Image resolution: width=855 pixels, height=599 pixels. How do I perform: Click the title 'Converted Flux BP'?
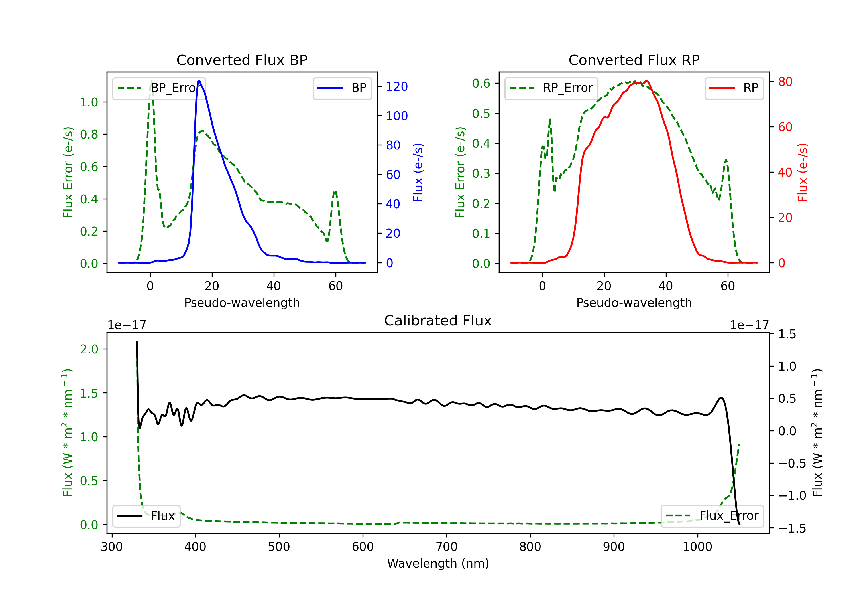pos(242,60)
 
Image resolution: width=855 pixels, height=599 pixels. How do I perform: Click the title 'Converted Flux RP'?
pos(634,60)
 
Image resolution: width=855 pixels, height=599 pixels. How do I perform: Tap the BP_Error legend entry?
pos(159,88)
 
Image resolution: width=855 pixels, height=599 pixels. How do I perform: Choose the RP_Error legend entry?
pos(551,88)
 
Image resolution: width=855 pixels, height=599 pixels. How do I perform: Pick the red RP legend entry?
pos(734,88)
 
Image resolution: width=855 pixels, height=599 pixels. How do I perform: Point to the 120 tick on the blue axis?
pos(397,86)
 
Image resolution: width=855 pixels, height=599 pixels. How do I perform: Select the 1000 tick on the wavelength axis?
pos(697,547)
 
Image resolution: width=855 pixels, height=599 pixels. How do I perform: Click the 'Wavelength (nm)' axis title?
pos(438,563)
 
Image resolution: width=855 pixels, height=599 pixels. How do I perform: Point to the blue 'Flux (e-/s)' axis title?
pos(418,172)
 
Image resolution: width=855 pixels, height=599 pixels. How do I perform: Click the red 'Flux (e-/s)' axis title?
pos(803,172)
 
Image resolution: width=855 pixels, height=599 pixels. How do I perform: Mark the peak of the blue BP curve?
pos(199,81)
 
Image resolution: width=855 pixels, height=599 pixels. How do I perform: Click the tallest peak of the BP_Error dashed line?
pos(151,81)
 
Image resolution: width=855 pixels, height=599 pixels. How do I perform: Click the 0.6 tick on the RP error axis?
pos(481,84)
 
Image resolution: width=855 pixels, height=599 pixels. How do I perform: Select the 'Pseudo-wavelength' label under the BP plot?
pos(242,303)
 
